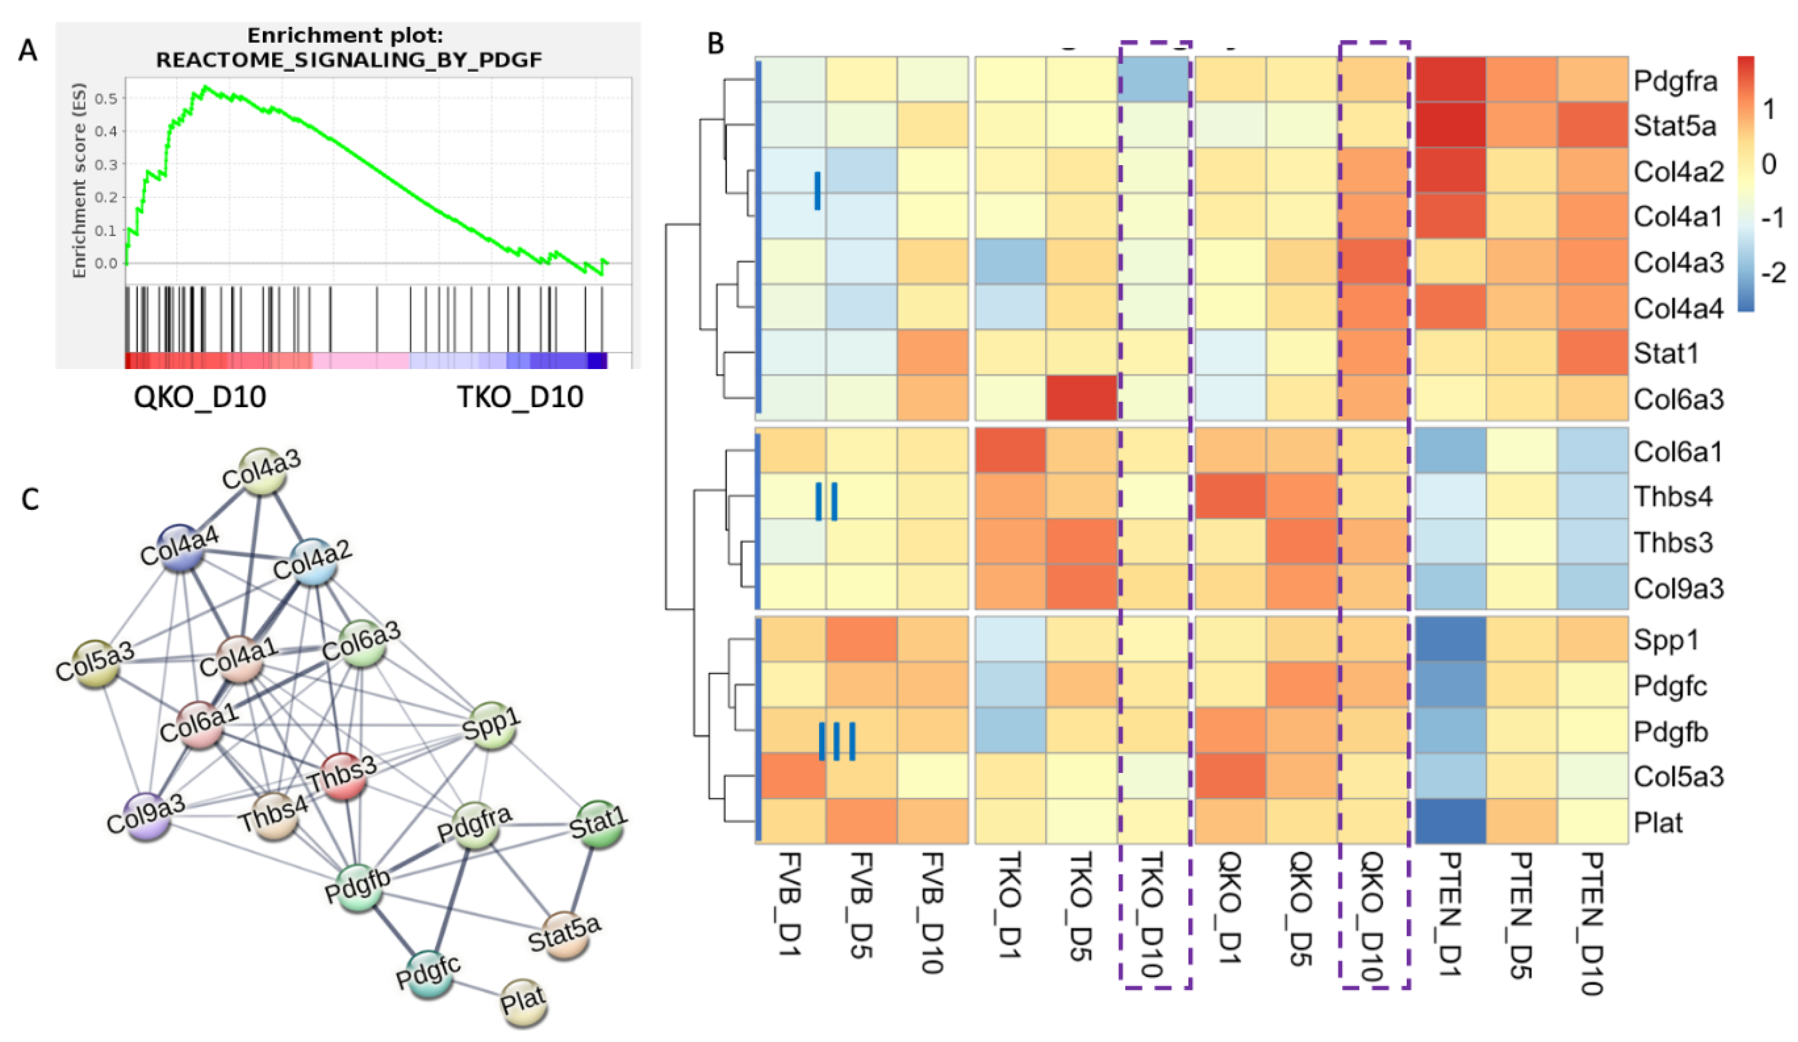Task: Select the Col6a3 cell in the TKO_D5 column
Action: click(1081, 398)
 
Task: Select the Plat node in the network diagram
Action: click(523, 1001)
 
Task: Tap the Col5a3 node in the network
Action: click(95, 661)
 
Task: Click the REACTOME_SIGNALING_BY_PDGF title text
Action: click(349, 60)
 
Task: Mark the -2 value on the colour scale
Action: click(1772, 273)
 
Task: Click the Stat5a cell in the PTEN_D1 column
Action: click(1450, 125)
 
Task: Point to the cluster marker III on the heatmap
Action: click(836, 741)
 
